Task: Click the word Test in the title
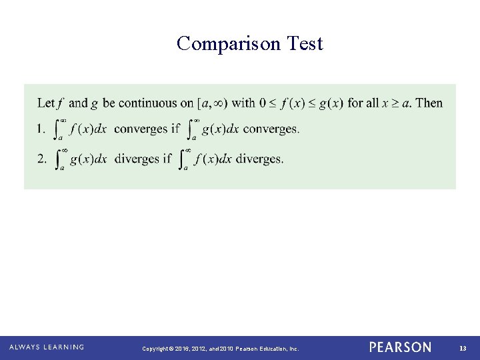coord(305,44)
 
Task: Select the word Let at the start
coord(46,103)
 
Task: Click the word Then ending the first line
coord(429,103)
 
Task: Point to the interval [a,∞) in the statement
coord(212,103)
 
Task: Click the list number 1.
coord(41,129)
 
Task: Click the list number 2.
coord(41,159)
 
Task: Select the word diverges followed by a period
coord(260,159)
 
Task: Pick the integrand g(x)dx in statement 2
coord(89,159)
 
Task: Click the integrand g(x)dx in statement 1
coord(219,129)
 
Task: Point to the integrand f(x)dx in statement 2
coord(211,159)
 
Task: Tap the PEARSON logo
coord(400,347)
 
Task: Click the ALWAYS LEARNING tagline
coord(47,347)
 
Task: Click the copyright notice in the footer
coord(221,348)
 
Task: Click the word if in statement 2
coord(166,159)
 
